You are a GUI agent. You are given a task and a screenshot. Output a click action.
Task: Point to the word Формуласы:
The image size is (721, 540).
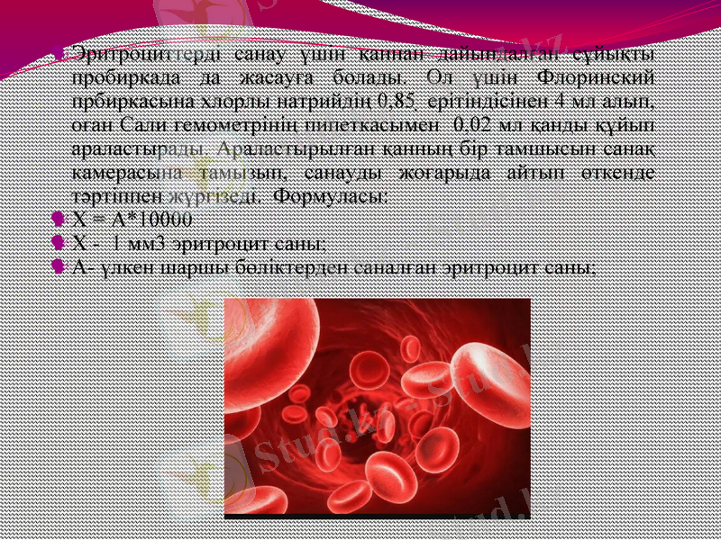[x=332, y=193]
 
